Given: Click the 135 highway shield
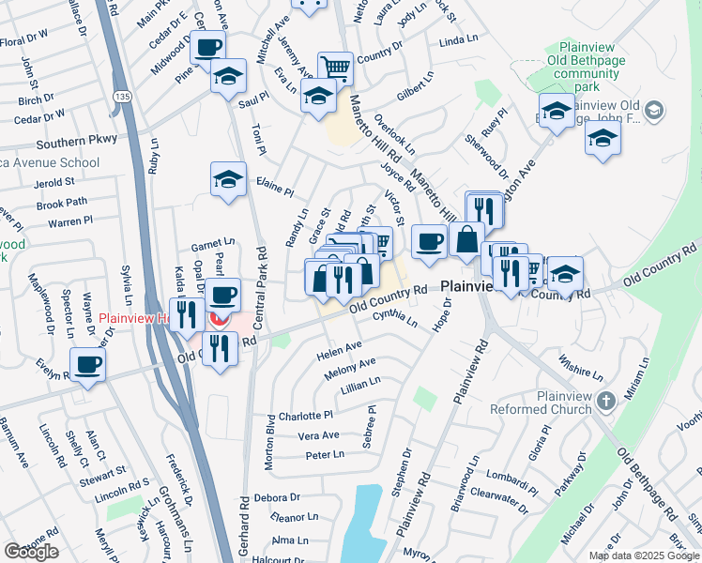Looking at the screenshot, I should coord(124,95).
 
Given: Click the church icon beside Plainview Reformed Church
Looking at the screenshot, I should coord(606,403).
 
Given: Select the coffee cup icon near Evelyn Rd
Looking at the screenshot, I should coord(89,364).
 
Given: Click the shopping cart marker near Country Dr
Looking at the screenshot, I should coord(335,68).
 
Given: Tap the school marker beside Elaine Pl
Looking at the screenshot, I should coord(228,179).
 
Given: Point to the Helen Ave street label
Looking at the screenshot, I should coord(339,351).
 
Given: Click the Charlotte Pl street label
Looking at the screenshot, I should coord(305,416).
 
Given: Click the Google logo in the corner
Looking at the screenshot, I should coord(31,552).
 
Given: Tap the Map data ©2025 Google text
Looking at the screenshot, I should coord(643,555).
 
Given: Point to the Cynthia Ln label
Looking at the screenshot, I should coord(393,318).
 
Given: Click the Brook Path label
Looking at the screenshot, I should coord(61,203).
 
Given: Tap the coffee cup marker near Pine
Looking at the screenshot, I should coord(207,47).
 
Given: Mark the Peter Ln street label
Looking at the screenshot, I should coord(325,455).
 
